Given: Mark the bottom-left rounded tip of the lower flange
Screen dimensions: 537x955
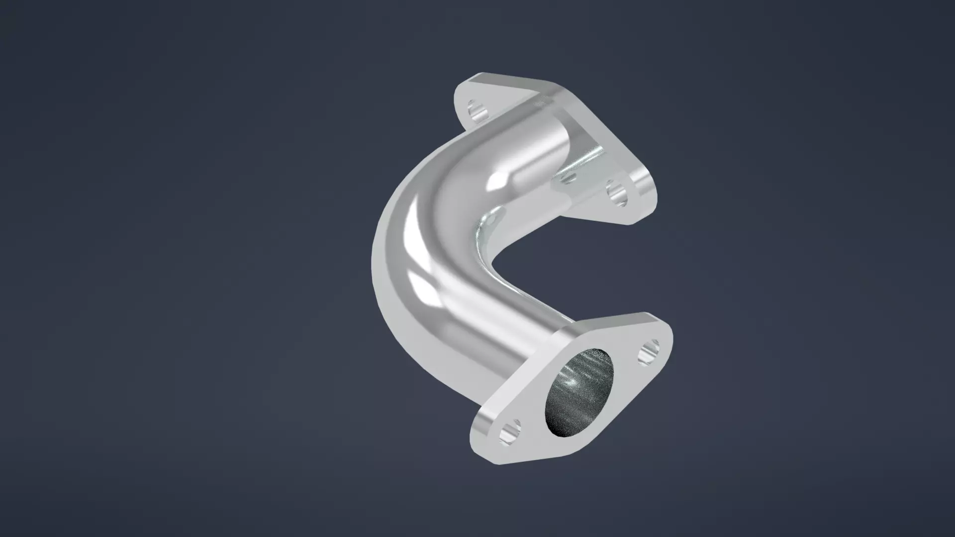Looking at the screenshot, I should tap(485, 450).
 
